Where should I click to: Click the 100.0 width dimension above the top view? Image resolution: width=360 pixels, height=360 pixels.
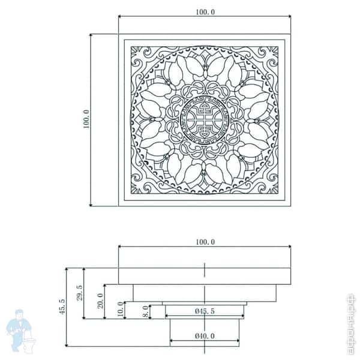(x=205, y=11)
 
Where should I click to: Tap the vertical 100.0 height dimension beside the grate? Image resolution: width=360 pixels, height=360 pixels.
(x=85, y=119)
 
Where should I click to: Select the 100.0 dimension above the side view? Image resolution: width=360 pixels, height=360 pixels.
(x=205, y=242)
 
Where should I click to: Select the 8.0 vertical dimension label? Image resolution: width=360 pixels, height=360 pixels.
(x=145, y=312)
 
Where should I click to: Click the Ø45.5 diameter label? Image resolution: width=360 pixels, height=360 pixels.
(x=205, y=311)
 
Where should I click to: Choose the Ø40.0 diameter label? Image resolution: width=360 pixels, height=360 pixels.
(x=205, y=336)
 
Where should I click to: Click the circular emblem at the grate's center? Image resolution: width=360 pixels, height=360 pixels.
(x=204, y=120)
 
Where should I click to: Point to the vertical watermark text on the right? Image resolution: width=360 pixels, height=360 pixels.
(x=351, y=324)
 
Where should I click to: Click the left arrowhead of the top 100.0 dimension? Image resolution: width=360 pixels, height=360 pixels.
(x=121, y=16)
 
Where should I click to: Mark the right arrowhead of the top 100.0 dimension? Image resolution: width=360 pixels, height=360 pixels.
(x=289, y=16)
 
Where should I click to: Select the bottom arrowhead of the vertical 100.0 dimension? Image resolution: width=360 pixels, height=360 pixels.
(x=91, y=203)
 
